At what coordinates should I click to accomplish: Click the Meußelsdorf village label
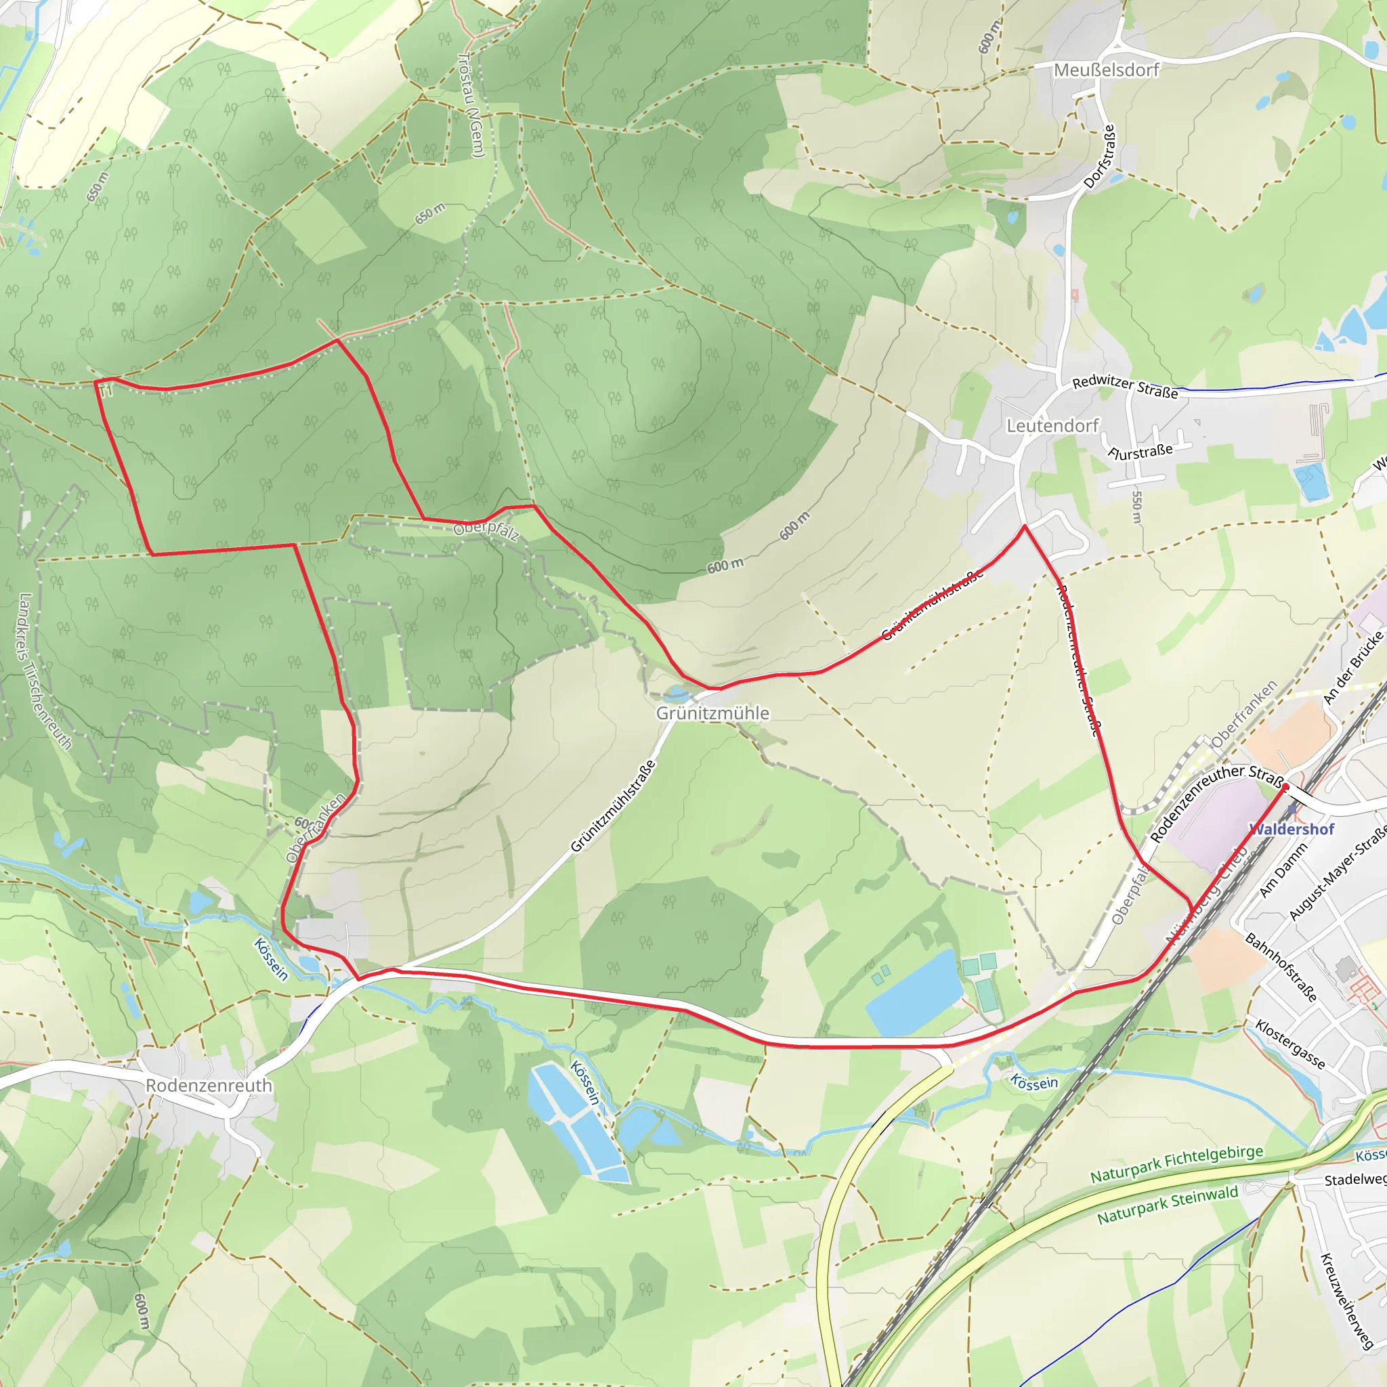tap(1107, 70)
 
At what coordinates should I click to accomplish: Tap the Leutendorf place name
tap(1052, 426)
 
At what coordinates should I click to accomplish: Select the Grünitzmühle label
tap(712, 713)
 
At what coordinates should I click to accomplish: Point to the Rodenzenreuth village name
tap(209, 1086)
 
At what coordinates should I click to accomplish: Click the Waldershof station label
tap(1292, 829)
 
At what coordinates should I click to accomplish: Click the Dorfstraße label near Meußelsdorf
tap(1099, 156)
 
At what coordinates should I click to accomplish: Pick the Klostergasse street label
tap(1289, 1044)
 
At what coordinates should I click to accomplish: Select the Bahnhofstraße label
tap(1281, 967)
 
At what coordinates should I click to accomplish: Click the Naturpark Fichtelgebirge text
tap(1176, 1164)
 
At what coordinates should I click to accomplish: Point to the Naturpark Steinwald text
tap(1168, 1205)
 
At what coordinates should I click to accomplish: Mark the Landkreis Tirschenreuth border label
tap(45, 671)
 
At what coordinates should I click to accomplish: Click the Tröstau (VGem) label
tap(471, 105)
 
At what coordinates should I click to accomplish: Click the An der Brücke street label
tap(1352, 667)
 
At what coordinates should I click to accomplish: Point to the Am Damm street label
tap(1283, 870)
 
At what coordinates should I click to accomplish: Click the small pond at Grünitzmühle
tap(675, 693)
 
